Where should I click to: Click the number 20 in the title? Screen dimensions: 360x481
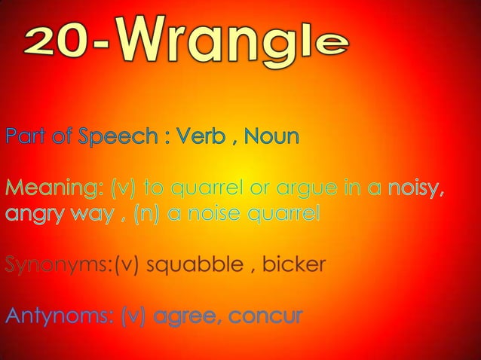click(x=65, y=44)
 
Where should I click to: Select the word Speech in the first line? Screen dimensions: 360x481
click(x=116, y=139)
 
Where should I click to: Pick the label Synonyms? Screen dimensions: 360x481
click(x=58, y=265)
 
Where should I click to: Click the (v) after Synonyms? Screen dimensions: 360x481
click(x=126, y=265)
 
